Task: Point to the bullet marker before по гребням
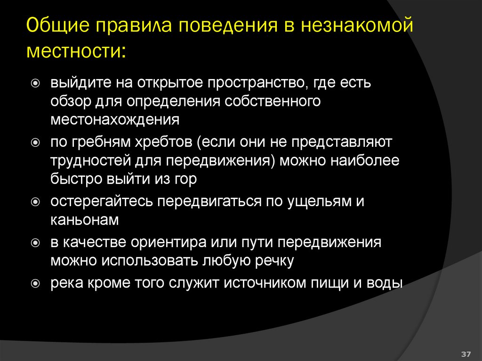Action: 36,142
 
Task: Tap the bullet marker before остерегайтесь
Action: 36,201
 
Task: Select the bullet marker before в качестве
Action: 36,243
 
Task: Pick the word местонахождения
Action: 115,120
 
